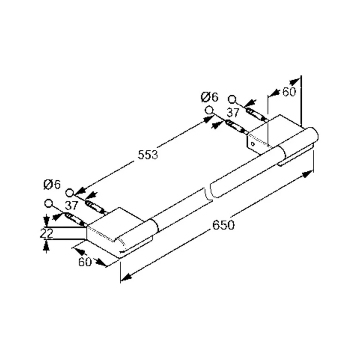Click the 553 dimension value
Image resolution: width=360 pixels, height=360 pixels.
coord(148,155)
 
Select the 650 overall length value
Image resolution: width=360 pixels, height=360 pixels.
coord(224,225)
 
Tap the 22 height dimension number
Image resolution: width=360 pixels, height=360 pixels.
coord(46,233)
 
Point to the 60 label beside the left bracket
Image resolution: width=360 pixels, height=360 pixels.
coord(85,262)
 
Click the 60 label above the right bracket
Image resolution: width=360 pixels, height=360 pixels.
coord(289,92)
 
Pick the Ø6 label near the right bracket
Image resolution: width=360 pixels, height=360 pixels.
coord(210,97)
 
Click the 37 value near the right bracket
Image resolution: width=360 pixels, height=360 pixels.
coord(233,113)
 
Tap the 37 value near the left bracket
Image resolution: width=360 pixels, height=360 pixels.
coord(71,206)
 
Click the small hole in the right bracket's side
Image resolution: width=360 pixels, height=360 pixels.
coord(253,144)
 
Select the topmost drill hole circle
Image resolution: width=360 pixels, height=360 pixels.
coord(232,99)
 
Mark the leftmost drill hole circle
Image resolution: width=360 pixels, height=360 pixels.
coord(49,203)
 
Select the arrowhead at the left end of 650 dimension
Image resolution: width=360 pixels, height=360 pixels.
coord(126,277)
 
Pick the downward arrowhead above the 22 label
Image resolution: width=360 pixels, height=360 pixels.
coord(46,221)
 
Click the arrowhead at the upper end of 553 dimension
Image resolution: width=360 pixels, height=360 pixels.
coord(208,120)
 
